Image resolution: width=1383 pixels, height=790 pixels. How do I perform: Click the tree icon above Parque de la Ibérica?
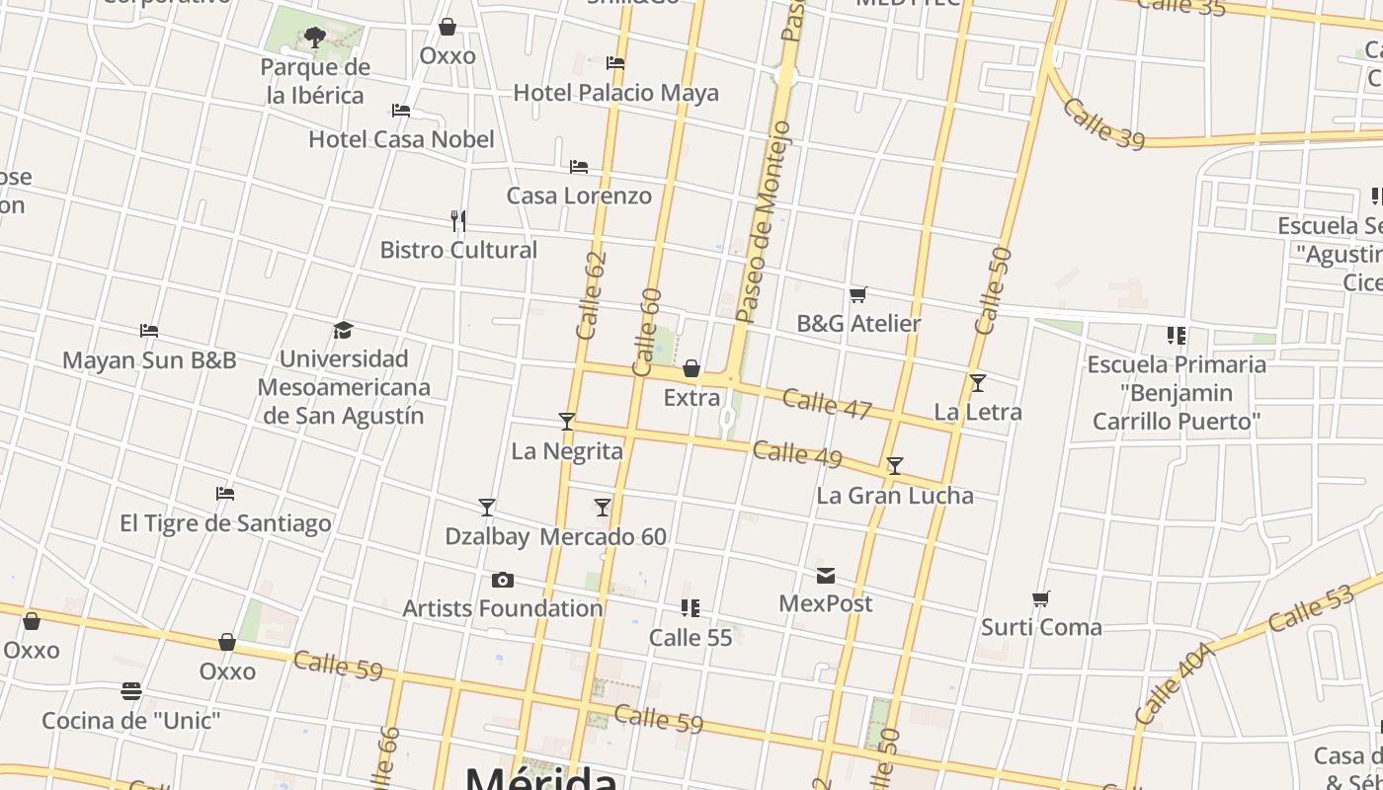pyautogui.click(x=315, y=38)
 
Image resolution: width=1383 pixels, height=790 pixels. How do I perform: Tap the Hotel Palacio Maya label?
pyautogui.click(x=615, y=93)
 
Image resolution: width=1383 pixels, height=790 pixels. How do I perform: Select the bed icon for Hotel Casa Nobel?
pyautogui.click(x=401, y=111)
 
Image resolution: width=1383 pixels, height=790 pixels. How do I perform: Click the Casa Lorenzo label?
pyautogui.click(x=579, y=196)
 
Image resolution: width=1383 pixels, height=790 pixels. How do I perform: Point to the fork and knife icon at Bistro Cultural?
pyautogui.click(x=457, y=220)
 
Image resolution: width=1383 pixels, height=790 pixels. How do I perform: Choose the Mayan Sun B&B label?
pyautogui.click(x=149, y=360)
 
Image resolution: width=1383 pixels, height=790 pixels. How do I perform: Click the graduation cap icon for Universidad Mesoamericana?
pyautogui.click(x=343, y=330)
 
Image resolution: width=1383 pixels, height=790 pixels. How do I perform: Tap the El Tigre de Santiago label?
pyautogui.click(x=225, y=523)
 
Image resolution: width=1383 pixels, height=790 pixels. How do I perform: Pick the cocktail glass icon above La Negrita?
pyautogui.click(x=567, y=422)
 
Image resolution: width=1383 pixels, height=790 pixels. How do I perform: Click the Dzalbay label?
pyautogui.click(x=487, y=537)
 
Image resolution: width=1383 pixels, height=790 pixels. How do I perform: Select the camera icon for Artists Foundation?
pyautogui.click(x=503, y=580)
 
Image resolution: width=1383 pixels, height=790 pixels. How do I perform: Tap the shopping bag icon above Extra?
pyautogui.click(x=691, y=369)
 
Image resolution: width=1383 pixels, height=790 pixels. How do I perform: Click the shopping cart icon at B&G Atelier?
pyautogui.click(x=858, y=294)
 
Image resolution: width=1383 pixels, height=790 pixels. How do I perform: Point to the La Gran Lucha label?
pyautogui.click(x=895, y=496)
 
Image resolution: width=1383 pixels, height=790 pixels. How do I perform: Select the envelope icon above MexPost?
pyautogui.click(x=826, y=575)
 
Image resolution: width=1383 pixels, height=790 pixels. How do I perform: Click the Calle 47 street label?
pyautogui.click(x=826, y=404)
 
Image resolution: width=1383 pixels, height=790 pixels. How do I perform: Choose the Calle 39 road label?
pyautogui.click(x=1103, y=123)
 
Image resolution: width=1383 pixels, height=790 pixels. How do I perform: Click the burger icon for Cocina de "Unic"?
pyautogui.click(x=131, y=690)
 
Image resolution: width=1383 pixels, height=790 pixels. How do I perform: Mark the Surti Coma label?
pyautogui.click(x=1041, y=627)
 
